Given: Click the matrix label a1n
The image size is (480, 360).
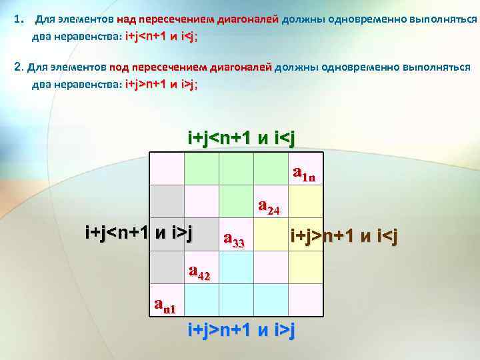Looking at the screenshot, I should [307, 175].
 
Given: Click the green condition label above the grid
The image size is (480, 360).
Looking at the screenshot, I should [241, 137].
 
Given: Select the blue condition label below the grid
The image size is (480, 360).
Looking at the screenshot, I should [241, 329].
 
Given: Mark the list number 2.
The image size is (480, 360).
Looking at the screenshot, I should [18, 67].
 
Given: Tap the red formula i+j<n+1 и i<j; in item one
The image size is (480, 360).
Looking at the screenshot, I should [161, 37].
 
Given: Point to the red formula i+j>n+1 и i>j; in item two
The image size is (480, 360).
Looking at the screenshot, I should [161, 84].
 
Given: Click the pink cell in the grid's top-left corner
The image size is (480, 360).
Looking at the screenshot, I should [167, 169].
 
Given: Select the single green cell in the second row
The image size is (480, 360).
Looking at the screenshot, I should [236, 201].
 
